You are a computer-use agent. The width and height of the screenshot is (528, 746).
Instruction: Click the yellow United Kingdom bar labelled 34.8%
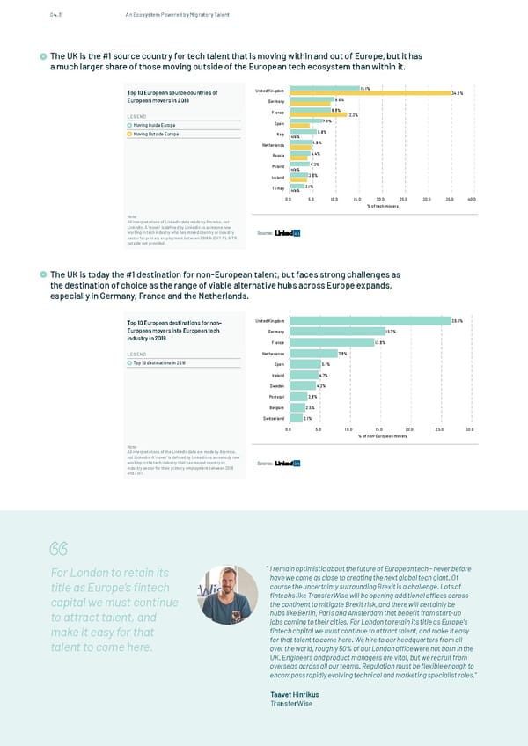tap(370, 92)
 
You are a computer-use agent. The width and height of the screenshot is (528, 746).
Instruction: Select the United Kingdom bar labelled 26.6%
tap(370, 321)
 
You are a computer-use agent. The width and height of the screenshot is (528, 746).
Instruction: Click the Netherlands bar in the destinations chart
tap(307, 353)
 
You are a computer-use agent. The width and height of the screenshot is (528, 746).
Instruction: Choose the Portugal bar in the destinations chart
tap(297, 397)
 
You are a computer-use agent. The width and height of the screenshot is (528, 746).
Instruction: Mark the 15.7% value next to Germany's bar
tap(392, 332)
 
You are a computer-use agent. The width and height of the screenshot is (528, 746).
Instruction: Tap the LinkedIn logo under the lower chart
tap(289, 464)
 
